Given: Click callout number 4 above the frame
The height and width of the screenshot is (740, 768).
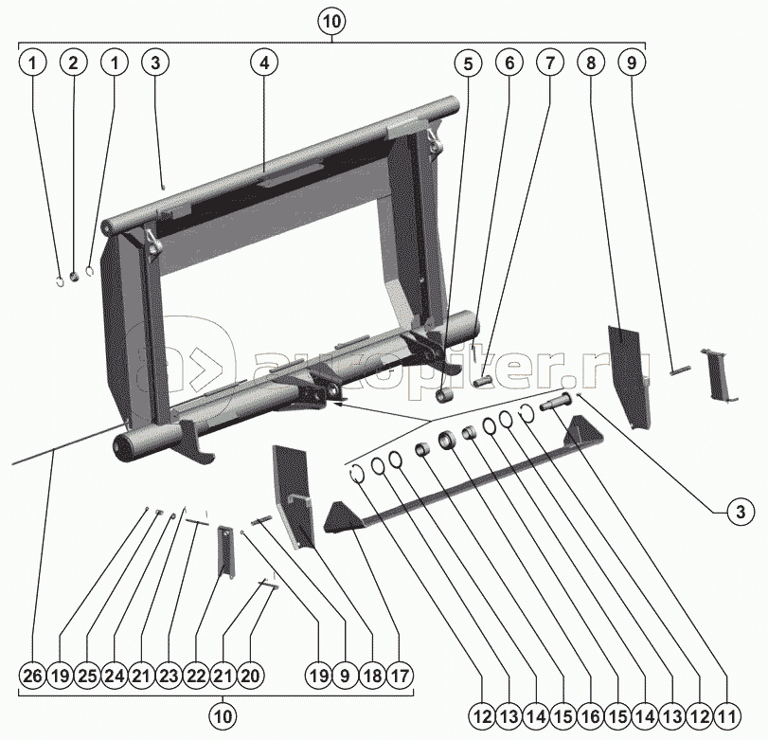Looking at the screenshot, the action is point(264,63).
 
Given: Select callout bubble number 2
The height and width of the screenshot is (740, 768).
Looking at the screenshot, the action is point(74,63).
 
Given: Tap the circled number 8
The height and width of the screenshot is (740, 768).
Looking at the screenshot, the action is point(591,63).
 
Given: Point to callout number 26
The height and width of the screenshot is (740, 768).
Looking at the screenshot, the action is point(33,676).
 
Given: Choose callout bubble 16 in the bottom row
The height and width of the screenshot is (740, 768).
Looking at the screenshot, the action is point(591,717).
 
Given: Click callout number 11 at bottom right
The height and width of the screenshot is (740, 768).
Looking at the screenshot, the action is point(728,717).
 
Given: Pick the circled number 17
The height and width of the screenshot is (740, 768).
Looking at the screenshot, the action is point(400,676).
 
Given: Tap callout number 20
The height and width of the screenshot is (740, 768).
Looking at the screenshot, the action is point(250,676).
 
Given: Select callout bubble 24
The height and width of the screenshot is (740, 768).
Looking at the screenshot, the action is point(115,676).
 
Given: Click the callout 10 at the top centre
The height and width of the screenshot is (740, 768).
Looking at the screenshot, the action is point(331,22).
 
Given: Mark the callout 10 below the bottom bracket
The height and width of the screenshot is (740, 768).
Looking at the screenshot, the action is point(223,716).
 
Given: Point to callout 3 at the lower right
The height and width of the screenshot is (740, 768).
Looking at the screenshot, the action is point(741,512).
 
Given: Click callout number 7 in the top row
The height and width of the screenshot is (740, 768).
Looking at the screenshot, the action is point(550,63).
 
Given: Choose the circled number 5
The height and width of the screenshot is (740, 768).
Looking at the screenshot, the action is point(468,63).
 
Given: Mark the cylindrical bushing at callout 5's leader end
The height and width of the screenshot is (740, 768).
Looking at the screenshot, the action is point(445,395).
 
